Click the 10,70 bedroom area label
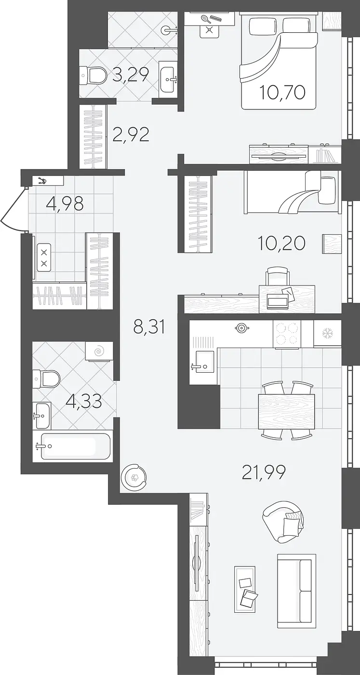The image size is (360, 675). coord(282,92)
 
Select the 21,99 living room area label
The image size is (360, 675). coord(264,472)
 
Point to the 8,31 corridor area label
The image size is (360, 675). coord(149,327)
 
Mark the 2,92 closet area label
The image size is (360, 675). coord(131,135)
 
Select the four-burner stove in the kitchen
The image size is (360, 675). coord(287,334)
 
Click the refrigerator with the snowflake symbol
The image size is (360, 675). coord(327,334)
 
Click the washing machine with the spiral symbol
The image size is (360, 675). coord(99,351)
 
